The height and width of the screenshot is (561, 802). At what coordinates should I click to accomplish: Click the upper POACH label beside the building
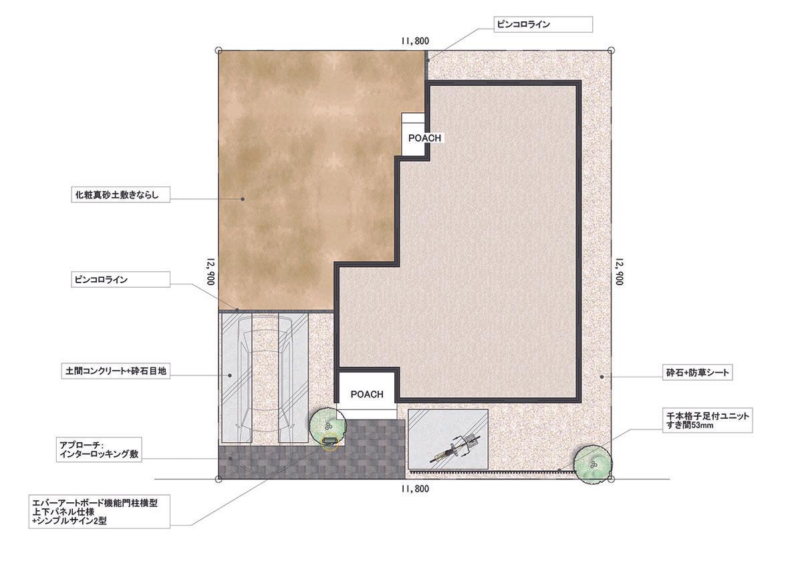tap(424, 138)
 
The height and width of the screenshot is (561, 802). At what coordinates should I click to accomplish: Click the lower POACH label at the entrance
tap(367, 394)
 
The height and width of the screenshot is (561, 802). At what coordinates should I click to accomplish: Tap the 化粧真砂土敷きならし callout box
tap(121, 194)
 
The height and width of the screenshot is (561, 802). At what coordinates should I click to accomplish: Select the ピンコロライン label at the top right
tap(543, 24)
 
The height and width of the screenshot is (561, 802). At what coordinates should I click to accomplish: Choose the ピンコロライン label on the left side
tap(121, 279)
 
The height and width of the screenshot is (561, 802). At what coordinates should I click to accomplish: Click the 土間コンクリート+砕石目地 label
tap(116, 371)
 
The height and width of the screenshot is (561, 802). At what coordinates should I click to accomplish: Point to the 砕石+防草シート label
tap(698, 373)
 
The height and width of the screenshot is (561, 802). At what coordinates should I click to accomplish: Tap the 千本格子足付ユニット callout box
tap(708, 420)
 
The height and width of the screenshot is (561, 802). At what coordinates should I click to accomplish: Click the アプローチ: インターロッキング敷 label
tap(99, 449)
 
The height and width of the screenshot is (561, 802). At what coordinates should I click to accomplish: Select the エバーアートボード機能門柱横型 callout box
tap(99, 512)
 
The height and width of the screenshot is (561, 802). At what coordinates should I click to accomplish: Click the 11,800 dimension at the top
tap(415, 41)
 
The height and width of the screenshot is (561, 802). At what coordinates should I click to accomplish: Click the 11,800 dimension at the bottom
tap(415, 489)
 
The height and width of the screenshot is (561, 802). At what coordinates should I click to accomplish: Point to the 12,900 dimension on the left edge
tap(211, 272)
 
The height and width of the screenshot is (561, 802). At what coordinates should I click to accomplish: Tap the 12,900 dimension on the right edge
tap(619, 272)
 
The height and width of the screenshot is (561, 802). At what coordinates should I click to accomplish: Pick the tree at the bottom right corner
tap(593, 464)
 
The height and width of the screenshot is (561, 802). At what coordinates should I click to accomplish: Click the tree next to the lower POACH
tap(328, 426)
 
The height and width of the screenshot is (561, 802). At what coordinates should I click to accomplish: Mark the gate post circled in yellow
tap(329, 441)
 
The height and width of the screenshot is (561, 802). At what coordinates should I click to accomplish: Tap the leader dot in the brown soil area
tap(243, 199)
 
